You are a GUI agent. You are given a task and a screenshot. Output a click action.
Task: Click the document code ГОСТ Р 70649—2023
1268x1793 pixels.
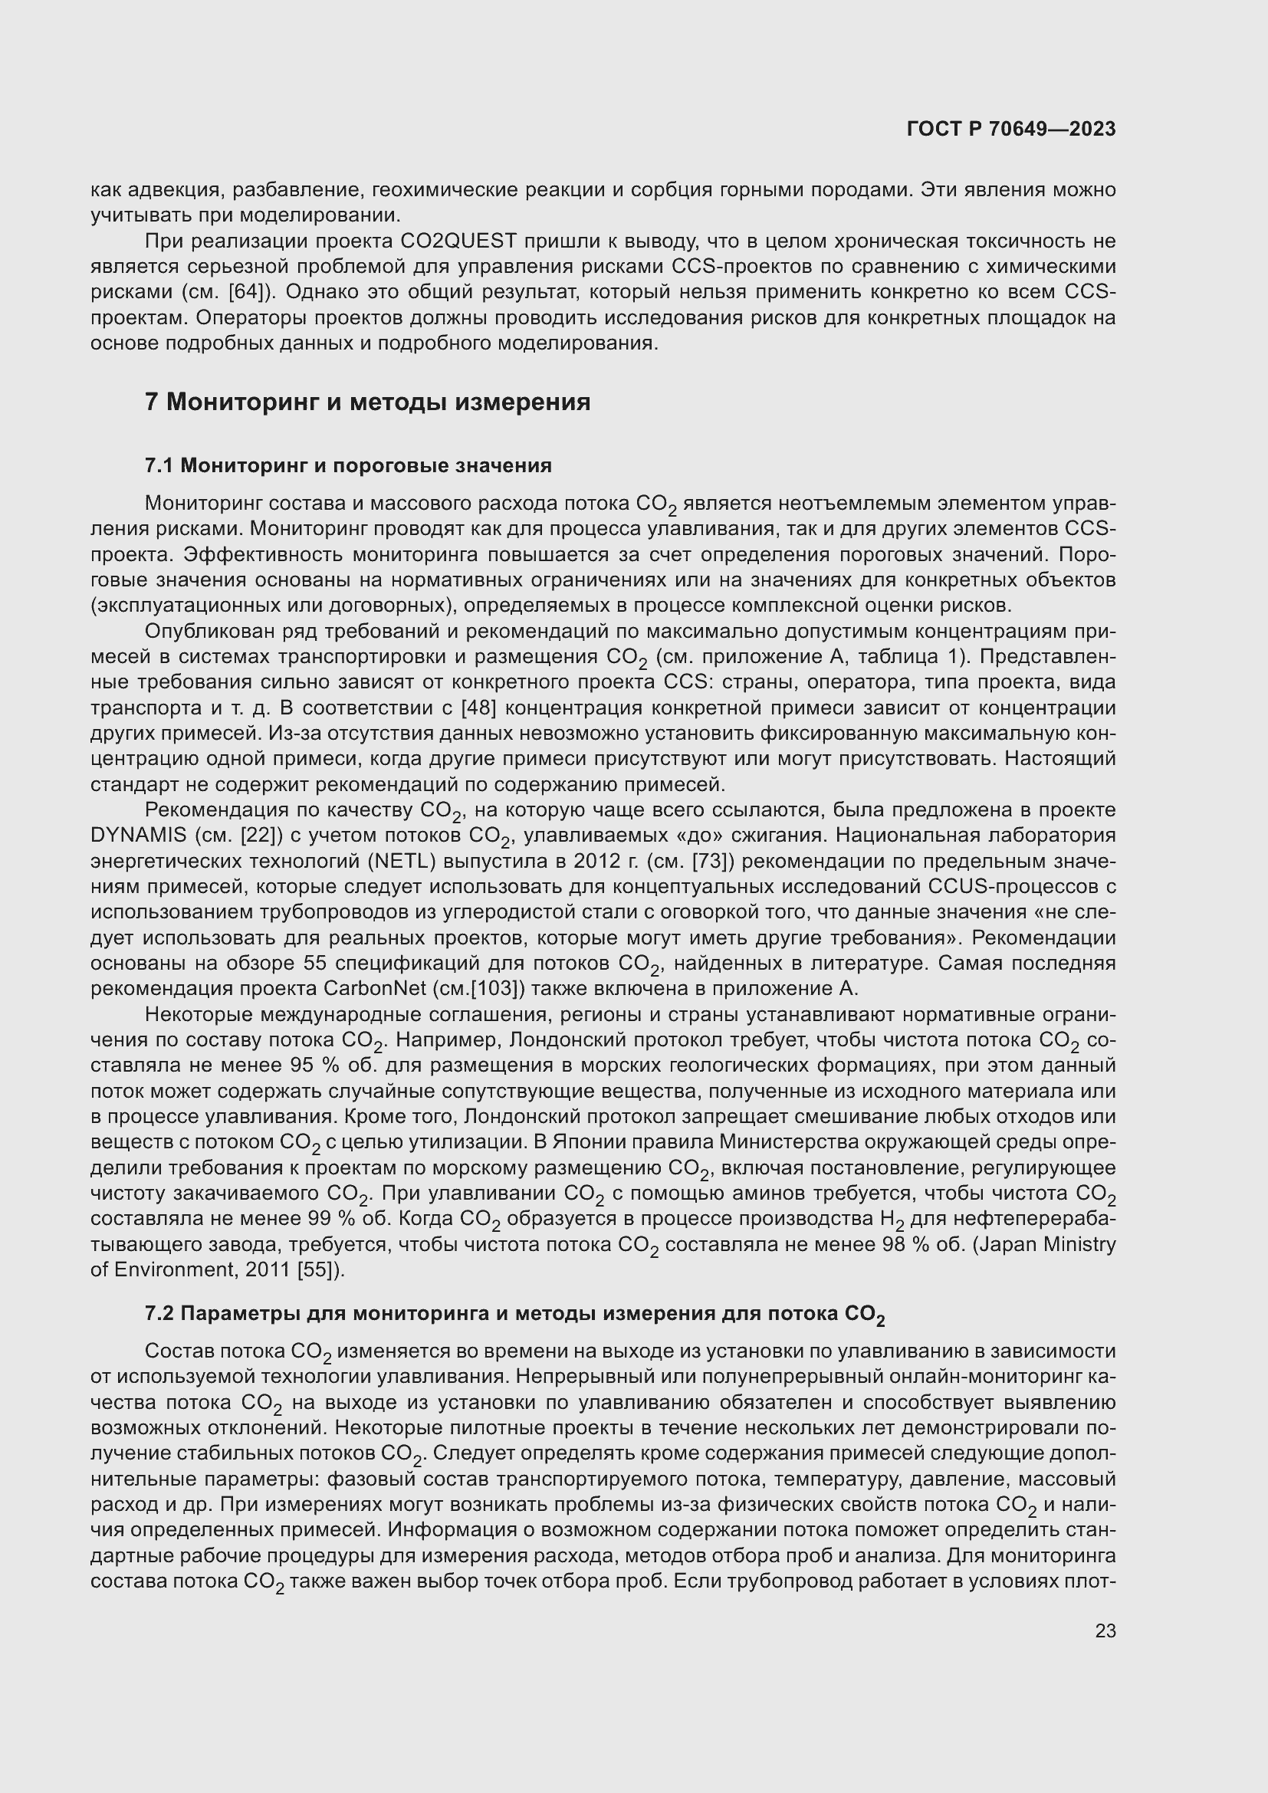coord(1011,129)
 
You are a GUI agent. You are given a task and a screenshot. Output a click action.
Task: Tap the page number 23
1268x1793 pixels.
coord(1105,1630)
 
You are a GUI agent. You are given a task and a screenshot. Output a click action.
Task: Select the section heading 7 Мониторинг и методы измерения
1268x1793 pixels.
coord(368,402)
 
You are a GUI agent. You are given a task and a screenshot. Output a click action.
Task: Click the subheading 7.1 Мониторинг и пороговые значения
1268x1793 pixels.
coord(348,466)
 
